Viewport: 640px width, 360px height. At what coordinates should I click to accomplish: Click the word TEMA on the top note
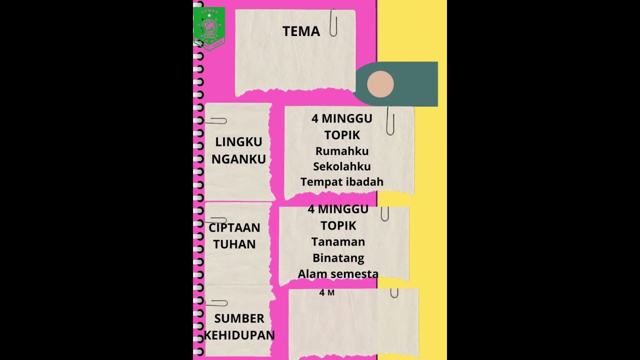click(x=301, y=31)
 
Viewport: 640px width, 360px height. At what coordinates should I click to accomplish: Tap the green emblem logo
click(x=209, y=27)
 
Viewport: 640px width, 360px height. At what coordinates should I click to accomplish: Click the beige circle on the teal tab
click(x=380, y=84)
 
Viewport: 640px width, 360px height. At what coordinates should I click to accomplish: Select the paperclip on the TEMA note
click(x=333, y=23)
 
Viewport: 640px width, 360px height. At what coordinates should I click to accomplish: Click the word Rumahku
click(x=342, y=151)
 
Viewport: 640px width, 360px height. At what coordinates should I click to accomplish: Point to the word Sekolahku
click(x=342, y=166)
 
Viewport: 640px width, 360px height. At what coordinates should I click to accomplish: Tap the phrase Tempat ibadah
click(x=342, y=182)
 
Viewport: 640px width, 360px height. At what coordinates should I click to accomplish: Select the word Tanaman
click(x=338, y=242)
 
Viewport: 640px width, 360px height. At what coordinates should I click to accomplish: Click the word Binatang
click(x=338, y=258)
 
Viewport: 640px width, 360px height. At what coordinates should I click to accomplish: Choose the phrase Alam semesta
click(x=338, y=274)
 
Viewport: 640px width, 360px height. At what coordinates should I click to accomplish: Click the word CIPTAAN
click(x=234, y=228)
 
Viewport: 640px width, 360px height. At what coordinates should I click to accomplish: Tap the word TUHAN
click(x=234, y=244)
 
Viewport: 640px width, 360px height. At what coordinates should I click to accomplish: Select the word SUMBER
click(x=239, y=318)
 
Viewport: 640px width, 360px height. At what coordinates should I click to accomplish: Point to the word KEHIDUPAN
click(x=239, y=335)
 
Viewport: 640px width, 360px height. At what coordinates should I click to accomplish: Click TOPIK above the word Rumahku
click(x=342, y=135)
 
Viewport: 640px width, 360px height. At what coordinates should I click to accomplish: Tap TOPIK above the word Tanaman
click(x=338, y=225)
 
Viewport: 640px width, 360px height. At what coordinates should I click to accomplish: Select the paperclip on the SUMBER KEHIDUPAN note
click(x=216, y=303)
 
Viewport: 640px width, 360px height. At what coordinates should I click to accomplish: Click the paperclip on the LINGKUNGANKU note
click(x=216, y=121)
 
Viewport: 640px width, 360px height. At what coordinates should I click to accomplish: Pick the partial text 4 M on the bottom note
click(x=327, y=293)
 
